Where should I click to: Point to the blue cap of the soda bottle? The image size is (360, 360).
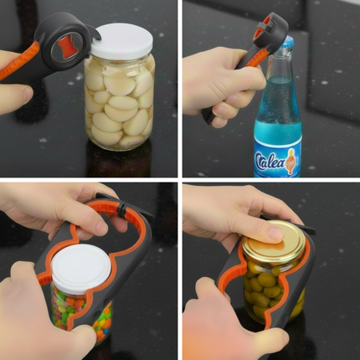284,44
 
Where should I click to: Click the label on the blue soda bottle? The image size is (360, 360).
276,159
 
